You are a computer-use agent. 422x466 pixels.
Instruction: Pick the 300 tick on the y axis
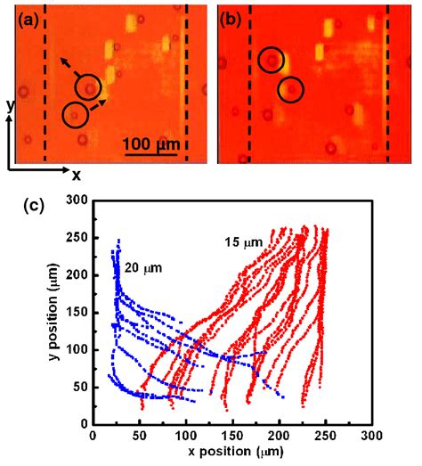point(78,201)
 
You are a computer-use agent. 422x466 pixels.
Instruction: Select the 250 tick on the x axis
point(325,438)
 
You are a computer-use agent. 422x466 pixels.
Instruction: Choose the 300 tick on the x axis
point(371,438)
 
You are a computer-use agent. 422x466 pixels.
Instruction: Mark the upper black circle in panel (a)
point(88,87)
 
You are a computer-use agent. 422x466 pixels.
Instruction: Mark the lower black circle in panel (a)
point(76,114)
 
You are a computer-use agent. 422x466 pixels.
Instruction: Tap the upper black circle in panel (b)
point(272,61)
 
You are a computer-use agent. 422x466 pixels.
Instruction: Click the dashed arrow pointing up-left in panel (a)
point(70,66)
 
